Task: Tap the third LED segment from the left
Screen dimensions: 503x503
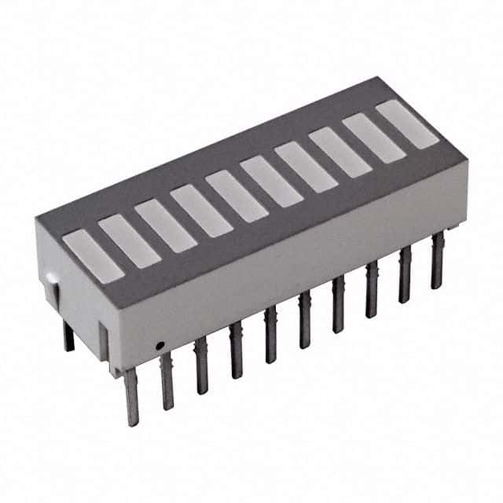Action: [x=164, y=226]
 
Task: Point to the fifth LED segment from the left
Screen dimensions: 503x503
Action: [x=236, y=196]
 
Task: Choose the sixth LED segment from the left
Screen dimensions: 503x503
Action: [x=270, y=181]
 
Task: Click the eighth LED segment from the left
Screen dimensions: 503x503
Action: [x=340, y=152]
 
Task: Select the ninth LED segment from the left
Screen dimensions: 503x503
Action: [x=373, y=138]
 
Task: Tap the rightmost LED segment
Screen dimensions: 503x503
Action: [x=406, y=124]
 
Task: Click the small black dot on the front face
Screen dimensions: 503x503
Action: [x=159, y=344]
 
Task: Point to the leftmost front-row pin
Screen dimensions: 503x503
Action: [x=131, y=397]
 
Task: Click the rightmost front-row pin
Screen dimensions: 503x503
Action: [x=437, y=261]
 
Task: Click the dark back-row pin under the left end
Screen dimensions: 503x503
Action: [x=68, y=336]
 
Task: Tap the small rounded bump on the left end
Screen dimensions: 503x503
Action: [x=50, y=277]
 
